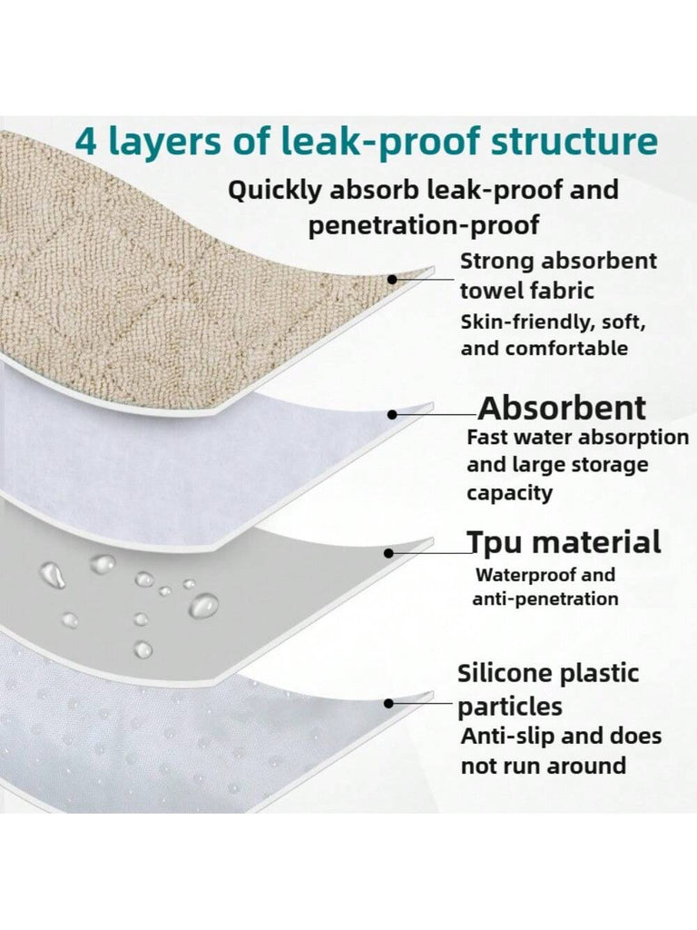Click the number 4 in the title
coord(86,143)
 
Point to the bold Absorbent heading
coord(562,408)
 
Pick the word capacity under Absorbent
coord(509,493)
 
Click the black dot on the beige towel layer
coord(392,279)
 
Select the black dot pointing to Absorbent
coord(392,414)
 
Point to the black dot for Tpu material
coord(388,553)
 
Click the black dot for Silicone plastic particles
coord(388,704)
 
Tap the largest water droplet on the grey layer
coord(203,606)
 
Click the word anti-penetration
coord(545,599)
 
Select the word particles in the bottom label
coord(510,707)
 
